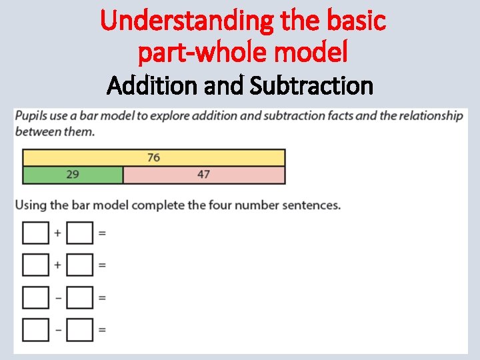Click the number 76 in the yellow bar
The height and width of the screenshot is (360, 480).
coord(153,157)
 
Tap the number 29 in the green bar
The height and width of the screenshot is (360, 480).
coord(73,175)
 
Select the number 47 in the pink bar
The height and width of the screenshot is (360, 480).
coord(203,175)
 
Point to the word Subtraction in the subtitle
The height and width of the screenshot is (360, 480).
coord(311,85)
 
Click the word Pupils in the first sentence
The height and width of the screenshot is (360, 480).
coord(31,116)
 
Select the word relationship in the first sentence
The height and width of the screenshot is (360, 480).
coord(427,116)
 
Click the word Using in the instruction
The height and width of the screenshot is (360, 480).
coord(31,205)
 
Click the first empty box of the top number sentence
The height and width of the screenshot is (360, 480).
coord(35,233)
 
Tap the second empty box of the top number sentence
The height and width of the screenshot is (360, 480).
coord(79,233)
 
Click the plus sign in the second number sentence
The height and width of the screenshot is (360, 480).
coord(57,265)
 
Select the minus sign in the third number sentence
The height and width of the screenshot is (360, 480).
coord(57,297)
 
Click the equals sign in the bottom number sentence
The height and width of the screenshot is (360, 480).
coord(102,329)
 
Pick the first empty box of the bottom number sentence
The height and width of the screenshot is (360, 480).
coord(35,329)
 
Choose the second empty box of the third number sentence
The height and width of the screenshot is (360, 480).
coord(79,297)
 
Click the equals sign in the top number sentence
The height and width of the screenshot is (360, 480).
coord(102,233)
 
